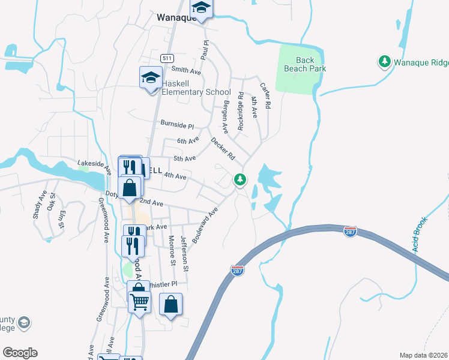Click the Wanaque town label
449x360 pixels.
[175, 17]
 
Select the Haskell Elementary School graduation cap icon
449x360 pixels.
[151, 77]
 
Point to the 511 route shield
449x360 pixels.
[167, 58]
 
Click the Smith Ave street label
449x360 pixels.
[185, 70]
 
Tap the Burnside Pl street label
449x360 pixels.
[177, 124]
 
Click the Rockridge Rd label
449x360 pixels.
[241, 111]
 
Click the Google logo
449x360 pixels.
[20, 353]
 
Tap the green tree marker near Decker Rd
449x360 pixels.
[240, 179]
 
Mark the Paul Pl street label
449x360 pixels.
[205, 50]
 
